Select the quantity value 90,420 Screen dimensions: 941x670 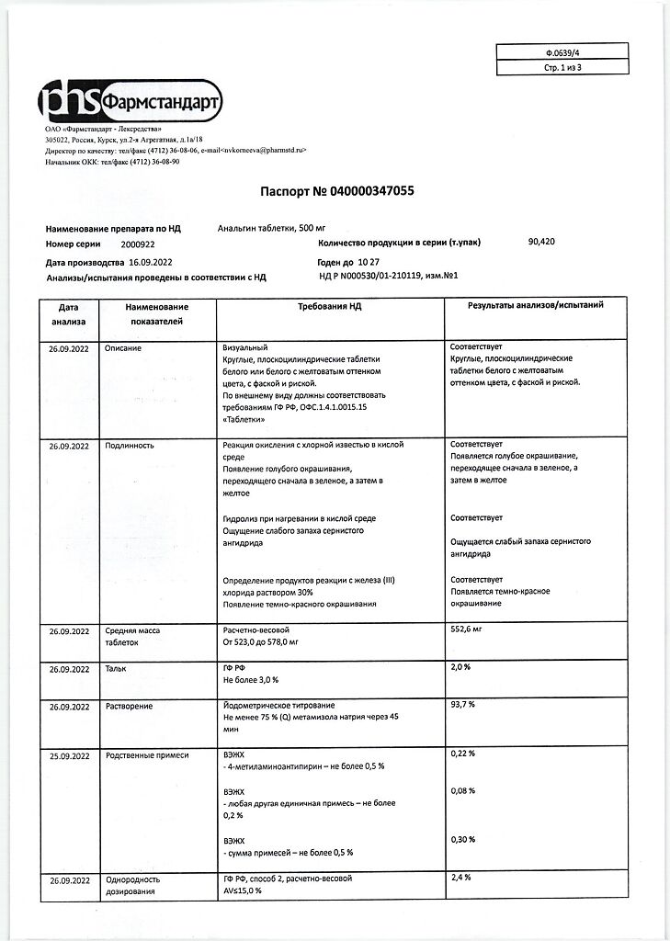tap(541, 242)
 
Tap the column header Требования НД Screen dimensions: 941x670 tap(329, 306)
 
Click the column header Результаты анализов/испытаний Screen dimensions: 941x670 tap(536, 305)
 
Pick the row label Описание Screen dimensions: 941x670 tap(123, 348)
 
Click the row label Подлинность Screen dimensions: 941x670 tap(130, 446)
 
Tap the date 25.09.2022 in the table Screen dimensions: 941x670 tap(69, 755)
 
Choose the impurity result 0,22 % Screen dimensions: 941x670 tap(463, 754)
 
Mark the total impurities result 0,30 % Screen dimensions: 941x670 tap(463, 839)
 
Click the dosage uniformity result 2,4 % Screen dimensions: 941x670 tap(461, 878)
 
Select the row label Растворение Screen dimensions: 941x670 tap(129, 706)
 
